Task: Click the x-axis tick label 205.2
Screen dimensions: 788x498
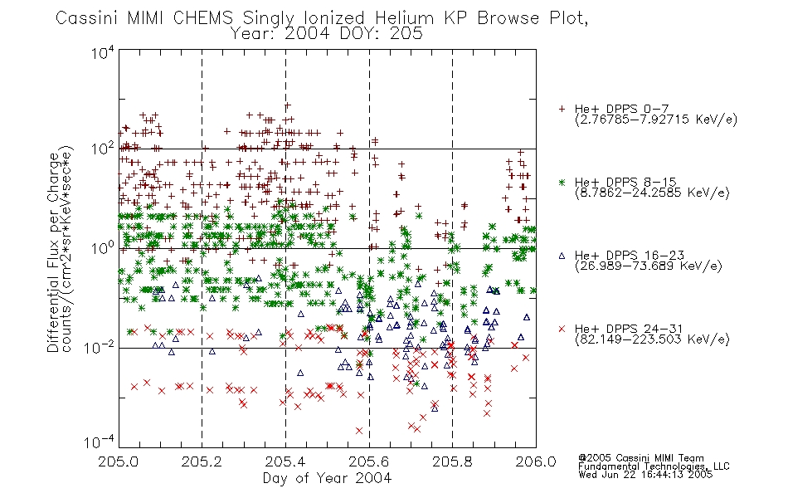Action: tap(202, 461)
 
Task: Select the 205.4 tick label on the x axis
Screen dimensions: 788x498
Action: tap(285, 461)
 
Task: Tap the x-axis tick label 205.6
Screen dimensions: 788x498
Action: tap(368, 461)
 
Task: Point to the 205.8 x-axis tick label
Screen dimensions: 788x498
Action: tap(452, 461)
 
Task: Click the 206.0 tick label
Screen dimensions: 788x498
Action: tap(536, 461)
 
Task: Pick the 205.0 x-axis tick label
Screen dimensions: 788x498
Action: tap(118, 461)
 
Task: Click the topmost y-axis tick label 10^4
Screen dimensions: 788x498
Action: tap(103, 53)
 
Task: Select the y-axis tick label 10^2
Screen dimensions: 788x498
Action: tap(103, 149)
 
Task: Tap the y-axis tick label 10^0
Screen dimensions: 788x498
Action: tap(103, 248)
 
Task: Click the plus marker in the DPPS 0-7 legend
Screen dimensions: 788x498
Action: tap(562, 109)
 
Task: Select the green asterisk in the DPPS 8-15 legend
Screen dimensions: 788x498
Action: tap(562, 182)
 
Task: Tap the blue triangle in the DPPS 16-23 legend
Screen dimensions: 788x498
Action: tap(562, 256)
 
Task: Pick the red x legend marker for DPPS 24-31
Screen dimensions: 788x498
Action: tap(562, 329)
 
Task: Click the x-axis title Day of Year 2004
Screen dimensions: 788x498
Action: tap(327, 478)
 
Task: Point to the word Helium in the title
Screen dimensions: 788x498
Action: tap(404, 18)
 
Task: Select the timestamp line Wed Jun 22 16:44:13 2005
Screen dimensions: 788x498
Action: tap(645, 474)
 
